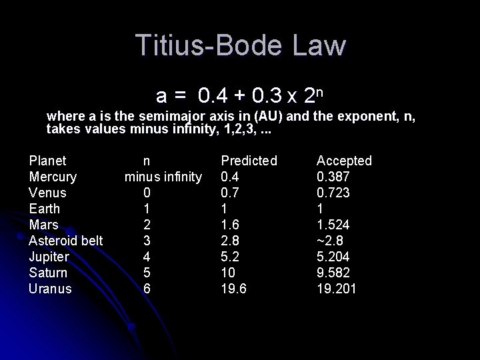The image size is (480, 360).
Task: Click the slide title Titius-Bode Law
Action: pyautogui.click(x=241, y=45)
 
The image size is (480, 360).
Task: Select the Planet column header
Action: pyautogui.click(x=47, y=161)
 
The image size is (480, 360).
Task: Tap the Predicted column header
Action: pyautogui.click(x=249, y=161)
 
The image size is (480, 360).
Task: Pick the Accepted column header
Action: pyautogui.click(x=344, y=161)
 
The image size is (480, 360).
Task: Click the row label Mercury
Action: pyautogui.click(x=53, y=177)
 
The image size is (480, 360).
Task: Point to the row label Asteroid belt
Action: pyautogui.click(x=65, y=241)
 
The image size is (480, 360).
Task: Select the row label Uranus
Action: pyautogui.click(x=50, y=289)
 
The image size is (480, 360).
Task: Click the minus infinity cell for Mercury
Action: pyautogui.click(x=163, y=177)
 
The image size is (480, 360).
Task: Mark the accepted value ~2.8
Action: pyautogui.click(x=330, y=241)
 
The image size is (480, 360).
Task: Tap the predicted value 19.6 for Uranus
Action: pyautogui.click(x=233, y=289)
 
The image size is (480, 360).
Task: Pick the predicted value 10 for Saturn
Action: pyautogui.click(x=228, y=273)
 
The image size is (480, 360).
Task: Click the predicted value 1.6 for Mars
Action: pyautogui.click(x=230, y=225)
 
